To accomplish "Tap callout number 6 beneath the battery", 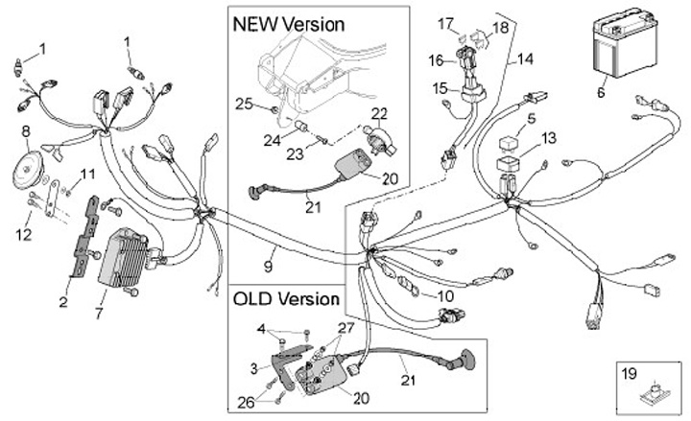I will [602, 93].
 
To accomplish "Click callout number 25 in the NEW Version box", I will [244, 104].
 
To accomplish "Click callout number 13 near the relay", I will [549, 138].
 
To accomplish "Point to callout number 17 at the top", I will [445, 22].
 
